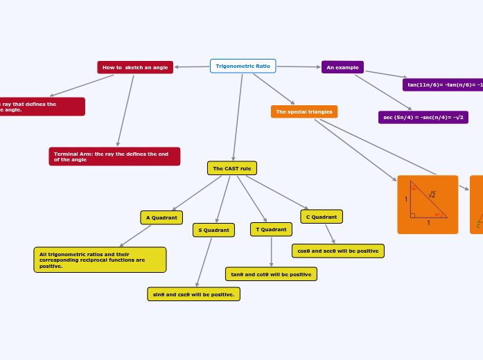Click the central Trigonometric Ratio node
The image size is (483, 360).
click(243, 66)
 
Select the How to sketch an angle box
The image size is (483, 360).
click(135, 67)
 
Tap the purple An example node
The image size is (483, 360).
click(342, 67)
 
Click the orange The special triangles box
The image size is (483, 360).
click(304, 111)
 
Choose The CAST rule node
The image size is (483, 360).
click(232, 168)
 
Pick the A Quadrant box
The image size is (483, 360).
click(161, 217)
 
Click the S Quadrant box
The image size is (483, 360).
click(213, 230)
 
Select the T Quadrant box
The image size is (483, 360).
click(271, 229)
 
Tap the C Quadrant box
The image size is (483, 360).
click(322, 217)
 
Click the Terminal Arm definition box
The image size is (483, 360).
click(114, 156)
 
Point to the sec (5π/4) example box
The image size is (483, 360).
click(423, 118)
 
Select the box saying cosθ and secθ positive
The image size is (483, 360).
click(338, 251)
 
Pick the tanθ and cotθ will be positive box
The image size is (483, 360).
click(271, 274)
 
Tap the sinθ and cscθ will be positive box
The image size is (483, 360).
click(193, 294)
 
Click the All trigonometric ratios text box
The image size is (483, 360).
click(100, 260)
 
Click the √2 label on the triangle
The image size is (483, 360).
click(432, 195)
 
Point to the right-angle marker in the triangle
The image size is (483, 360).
click(412, 215)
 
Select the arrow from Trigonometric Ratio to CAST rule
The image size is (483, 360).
click(238, 118)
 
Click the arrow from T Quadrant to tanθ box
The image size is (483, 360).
click(271, 252)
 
